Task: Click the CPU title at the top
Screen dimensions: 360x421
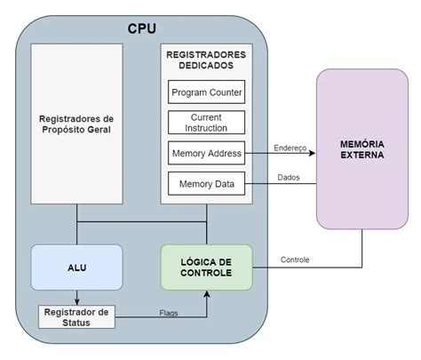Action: tap(141, 28)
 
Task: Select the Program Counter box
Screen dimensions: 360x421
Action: tap(206, 92)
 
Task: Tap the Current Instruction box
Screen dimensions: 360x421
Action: tap(206, 123)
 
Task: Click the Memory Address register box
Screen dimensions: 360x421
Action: tap(206, 153)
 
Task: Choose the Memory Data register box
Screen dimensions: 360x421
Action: tap(206, 184)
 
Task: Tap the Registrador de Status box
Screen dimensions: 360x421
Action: tap(78, 316)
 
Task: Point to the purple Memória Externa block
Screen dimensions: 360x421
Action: tap(362, 148)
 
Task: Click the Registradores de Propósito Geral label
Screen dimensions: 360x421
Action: tap(77, 124)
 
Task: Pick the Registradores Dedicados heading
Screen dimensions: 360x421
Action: tap(206, 60)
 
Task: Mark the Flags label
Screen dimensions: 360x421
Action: tap(168, 313)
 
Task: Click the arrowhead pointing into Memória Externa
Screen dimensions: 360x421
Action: tap(313, 153)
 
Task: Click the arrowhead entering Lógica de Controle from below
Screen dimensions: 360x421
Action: tap(206, 292)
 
